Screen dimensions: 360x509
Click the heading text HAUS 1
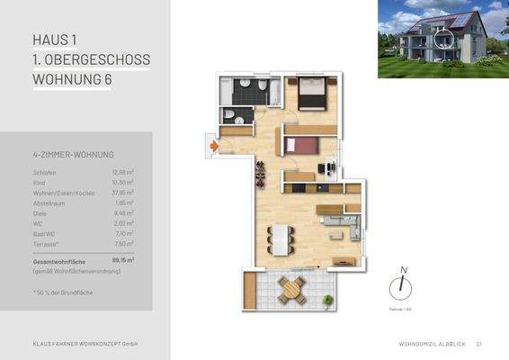coord(55,40)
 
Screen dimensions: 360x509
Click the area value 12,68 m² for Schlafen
coord(122,171)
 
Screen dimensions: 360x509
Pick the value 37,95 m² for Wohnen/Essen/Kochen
coord(122,193)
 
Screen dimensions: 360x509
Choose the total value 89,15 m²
coord(121,259)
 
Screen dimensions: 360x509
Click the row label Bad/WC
coord(44,233)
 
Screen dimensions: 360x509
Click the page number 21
coord(479,344)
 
